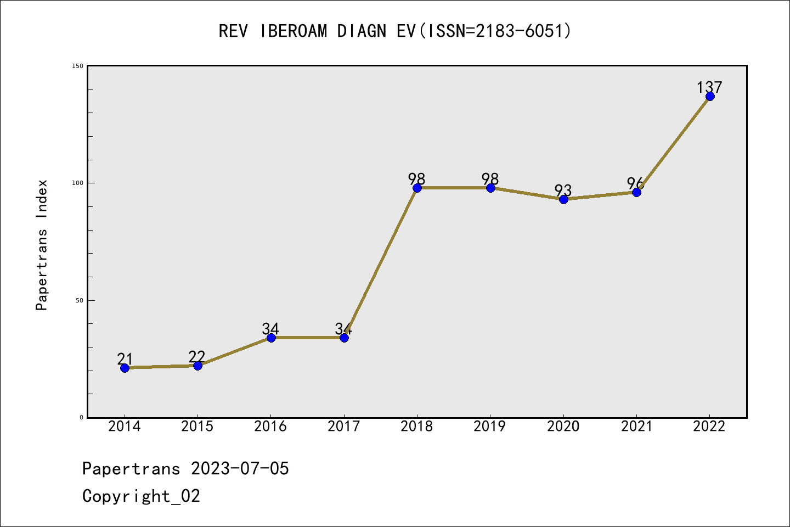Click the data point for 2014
pyautogui.click(x=125, y=368)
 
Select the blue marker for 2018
pyautogui.click(x=417, y=188)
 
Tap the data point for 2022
pyautogui.click(x=710, y=97)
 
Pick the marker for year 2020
pyautogui.click(x=563, y=199)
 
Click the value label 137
pyautogui.click(x=709, y=87)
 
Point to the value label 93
pyautogui.click(x=563, y=190)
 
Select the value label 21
pyautogui.click(x=125, y=359)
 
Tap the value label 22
pyautogui.click(x=196, y=356)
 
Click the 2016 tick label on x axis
pyautogui.click(x=270, y=427)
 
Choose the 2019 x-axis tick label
pyautogui.click(x=490, y=427)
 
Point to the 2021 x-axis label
pyautogui.click(x=636, y=427)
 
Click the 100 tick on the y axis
pyautogui.click(x=78, y=183)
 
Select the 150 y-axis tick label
pyautogui.click(x=78, y=66)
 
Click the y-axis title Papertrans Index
pyautogui.click(x=42, y=245)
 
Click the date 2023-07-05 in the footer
pyautogui.click(x=240, y=469)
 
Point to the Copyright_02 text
pyautogui.click(x=141, y=496)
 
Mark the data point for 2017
pyautogui.click(x=344, y=338)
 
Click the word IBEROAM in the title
pyautogui.click(x=294, y=31)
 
